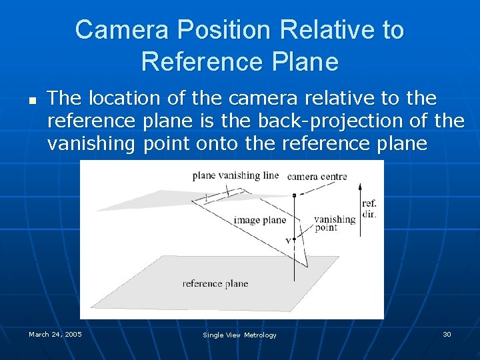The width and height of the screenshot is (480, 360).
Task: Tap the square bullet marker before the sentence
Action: [31, 102]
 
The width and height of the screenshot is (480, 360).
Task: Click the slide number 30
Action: [447, 334]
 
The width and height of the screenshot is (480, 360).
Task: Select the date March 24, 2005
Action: [55, 334]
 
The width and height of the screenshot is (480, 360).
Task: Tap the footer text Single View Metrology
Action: [239, 335]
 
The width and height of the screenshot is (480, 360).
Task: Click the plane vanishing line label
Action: [235, 175]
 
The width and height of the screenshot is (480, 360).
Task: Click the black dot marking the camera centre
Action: [294, 195]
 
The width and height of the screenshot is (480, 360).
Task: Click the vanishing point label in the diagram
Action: [335, 223]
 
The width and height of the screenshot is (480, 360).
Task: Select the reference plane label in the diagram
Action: [215, 283]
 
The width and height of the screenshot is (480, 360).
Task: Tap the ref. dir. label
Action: [369, 209]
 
